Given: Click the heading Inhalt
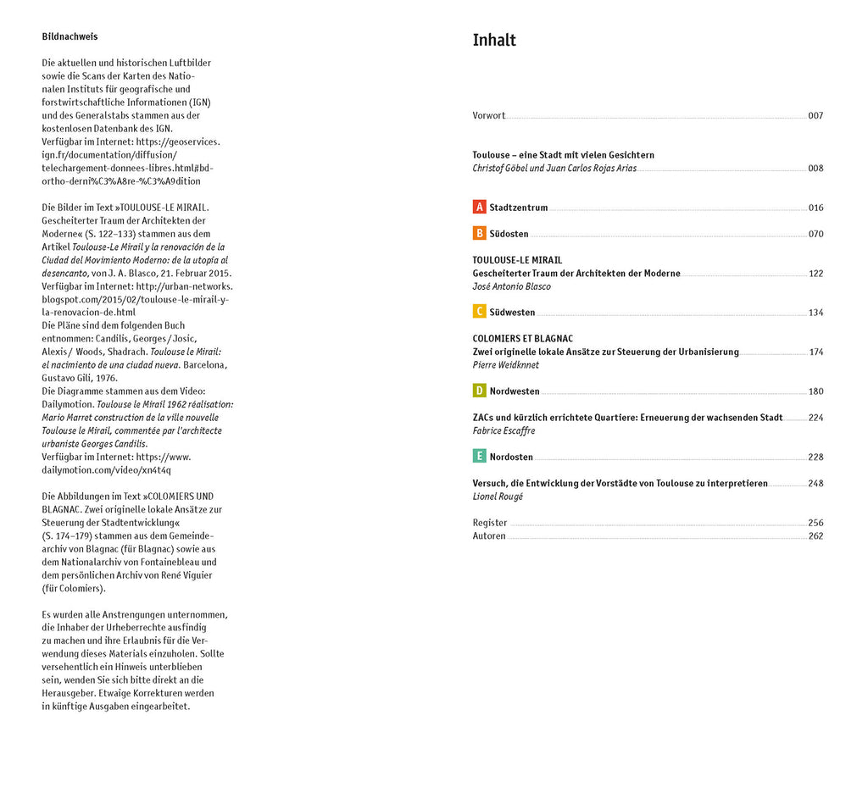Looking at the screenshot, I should coord(494,41).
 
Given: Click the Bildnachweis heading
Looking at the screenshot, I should coord(70,36).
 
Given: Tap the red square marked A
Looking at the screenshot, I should coord(479,208).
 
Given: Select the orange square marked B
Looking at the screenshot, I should coord(479,234).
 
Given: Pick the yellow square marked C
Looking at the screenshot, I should coord(479,313).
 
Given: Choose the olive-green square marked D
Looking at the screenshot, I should coord(479,391).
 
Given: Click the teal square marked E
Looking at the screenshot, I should coord(479,457).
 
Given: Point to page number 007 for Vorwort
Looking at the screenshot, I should coord(815,116).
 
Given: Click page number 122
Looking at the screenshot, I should coord(815,274).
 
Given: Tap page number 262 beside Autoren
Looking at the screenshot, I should coord(815,535).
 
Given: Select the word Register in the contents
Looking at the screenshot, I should coord(490,523).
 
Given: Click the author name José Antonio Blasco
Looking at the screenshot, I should coord(511,286).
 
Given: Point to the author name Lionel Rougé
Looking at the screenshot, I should coord(498,496).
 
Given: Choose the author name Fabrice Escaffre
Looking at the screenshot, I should coord(504,430).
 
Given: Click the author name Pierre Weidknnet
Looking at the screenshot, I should coord(505,365).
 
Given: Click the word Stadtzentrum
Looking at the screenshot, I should coord(519,208).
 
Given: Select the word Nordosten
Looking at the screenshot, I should coord(511,457).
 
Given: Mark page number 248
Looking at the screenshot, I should coord(815,484).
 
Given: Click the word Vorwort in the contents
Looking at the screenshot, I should coord(489,116).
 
